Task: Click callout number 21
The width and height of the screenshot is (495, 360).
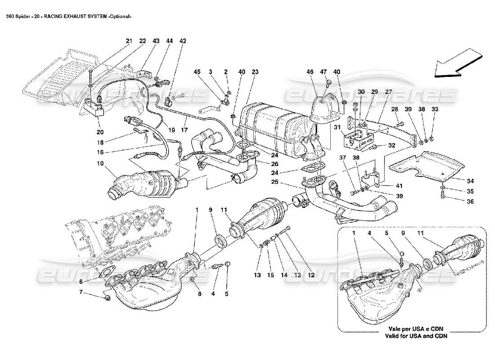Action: (x=129, y=41)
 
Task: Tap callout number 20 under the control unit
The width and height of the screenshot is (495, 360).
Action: (x=99, y=132)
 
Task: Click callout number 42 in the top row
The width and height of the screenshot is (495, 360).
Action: (x=183, y=41)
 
